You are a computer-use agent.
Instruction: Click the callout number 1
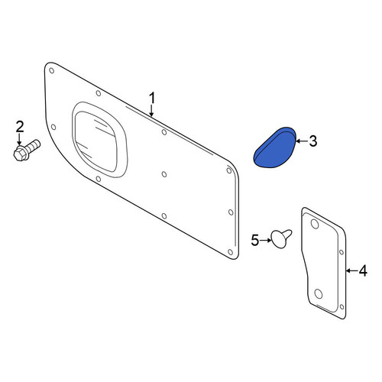pyautogui.click(x=152, y=99)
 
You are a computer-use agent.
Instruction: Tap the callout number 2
pyautogui.click(x=20, y=127)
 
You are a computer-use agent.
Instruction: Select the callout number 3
pyautogui.click(x=313, y=141)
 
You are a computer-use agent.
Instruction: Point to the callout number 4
pyautogui.click(x=363, y=270)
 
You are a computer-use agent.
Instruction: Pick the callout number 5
pyautogui.click(x=255, y=241)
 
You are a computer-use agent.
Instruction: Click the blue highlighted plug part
pyautogui.click(x=274, y=148)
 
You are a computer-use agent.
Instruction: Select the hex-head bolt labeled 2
pyautogui.click(x=27, y=150)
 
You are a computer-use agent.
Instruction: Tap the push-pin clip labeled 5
pyautogui.click(x=281, y=238)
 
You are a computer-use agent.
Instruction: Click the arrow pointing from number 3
pyautogui.click(x=301, y=141)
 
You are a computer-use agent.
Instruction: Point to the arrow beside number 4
pyautogui.click(x=351, y=270)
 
